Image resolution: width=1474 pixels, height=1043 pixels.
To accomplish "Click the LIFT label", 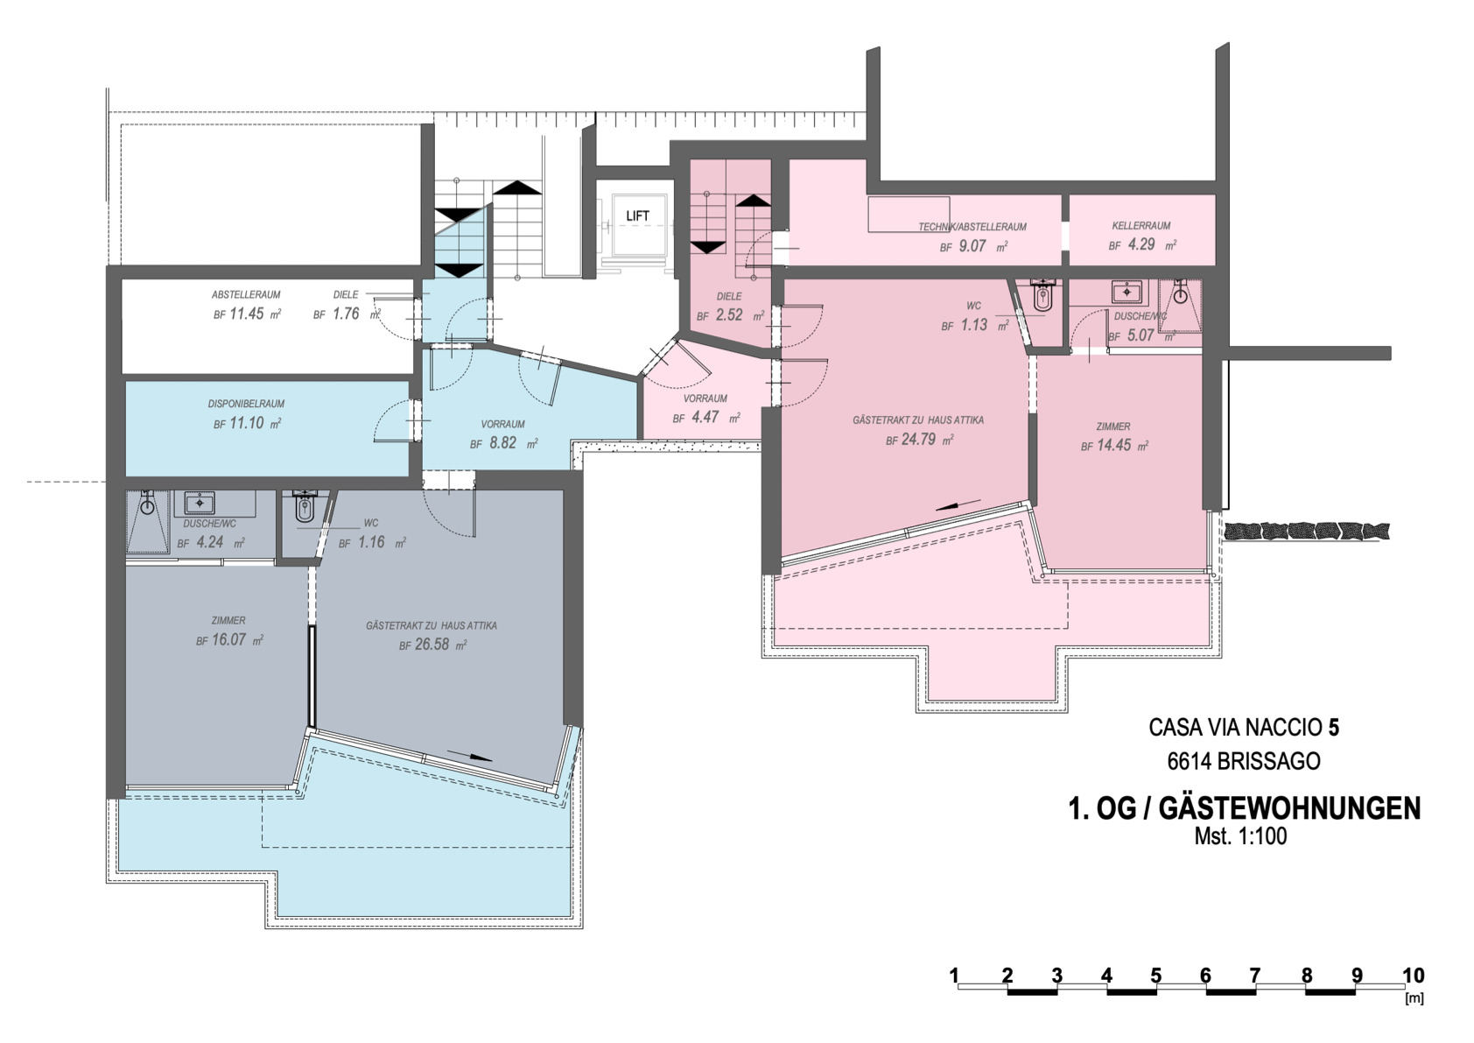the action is (637, 215).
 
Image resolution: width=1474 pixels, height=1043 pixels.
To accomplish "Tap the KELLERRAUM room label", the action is (1141, 225).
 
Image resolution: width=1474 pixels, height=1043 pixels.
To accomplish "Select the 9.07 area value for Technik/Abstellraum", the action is (972, 246).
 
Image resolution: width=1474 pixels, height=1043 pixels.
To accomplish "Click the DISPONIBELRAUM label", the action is (246, 404).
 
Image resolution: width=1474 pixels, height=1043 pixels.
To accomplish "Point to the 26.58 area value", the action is (432, 644).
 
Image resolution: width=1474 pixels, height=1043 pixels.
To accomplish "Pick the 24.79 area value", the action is (918, 440).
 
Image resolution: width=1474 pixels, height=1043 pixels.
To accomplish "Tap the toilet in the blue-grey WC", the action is (304, 507).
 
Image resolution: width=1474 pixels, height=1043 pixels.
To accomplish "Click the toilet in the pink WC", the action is (1043, 296).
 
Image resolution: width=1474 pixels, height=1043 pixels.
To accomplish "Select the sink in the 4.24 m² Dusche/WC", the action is (200, 503).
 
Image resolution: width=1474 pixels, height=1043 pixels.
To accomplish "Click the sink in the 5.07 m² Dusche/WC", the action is (1127, 291).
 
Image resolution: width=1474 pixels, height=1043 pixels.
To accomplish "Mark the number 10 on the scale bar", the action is (1413, 976).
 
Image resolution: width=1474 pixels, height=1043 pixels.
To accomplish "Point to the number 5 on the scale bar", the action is (1155, 976).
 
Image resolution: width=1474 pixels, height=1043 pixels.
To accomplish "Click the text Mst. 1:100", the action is (1240, 836).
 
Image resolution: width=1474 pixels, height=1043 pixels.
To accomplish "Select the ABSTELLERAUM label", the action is (246, 294).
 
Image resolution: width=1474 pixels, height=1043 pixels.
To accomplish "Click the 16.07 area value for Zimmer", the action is (228, 639).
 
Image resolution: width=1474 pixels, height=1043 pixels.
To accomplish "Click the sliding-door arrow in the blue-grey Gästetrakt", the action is (470, 755).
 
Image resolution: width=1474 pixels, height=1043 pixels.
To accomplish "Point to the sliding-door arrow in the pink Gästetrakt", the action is (958, 505).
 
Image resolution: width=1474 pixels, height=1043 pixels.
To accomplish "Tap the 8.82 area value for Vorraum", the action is (502, 442).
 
